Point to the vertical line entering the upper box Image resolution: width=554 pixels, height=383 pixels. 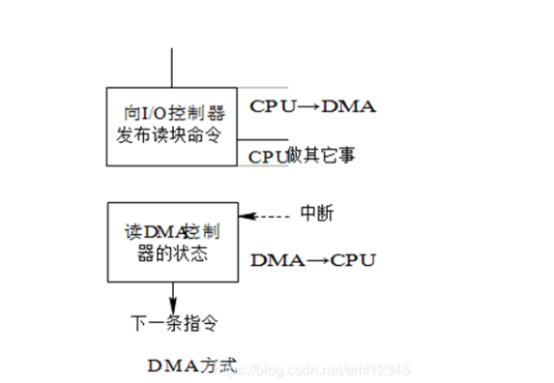(x=173, y=69)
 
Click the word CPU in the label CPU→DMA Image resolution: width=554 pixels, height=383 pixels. (x=272, y=106)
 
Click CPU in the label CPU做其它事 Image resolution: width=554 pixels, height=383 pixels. (x=268, y=155)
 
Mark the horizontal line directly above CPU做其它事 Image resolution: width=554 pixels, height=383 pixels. (x=263, y=140)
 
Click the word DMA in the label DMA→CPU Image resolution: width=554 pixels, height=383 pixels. (x=272, y=260)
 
